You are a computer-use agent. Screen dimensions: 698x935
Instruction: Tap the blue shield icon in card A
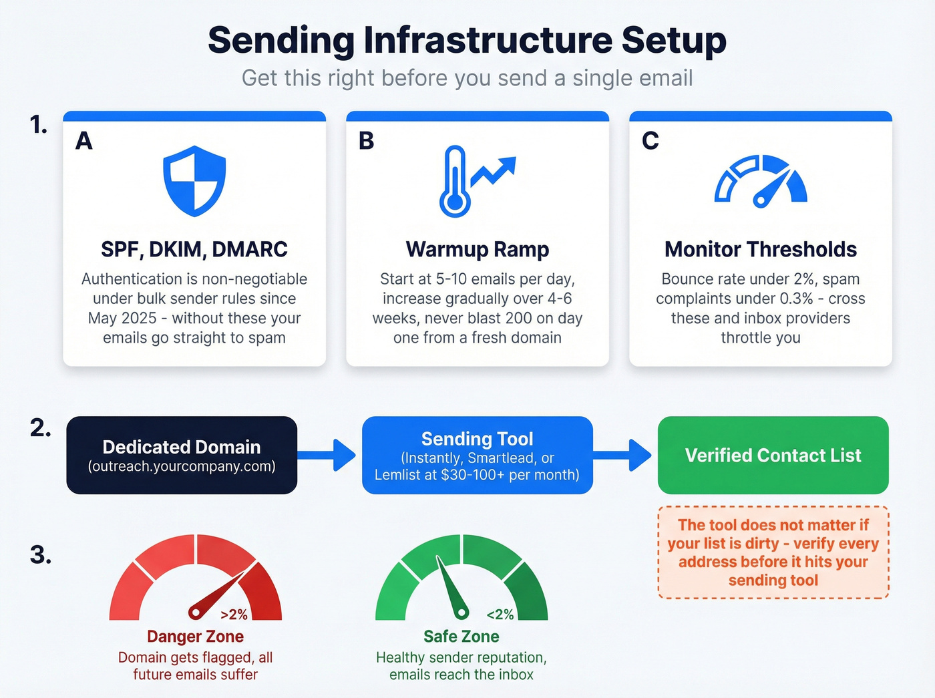(x=194, y=181)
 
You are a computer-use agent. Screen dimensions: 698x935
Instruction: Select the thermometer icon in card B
(x=455, y=182)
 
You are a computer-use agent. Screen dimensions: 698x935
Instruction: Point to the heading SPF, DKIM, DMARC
(x=194, y=249)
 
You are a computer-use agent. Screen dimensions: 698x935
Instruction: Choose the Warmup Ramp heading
(x=477, y=249)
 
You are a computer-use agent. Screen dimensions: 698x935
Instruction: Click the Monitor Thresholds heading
(x=761, y=249)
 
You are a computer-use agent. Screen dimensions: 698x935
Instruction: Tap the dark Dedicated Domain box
(x=182, y=456)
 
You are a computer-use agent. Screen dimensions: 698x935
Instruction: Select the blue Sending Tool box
(x=477, y=456)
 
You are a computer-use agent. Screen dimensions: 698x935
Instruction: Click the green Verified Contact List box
(x=773, y=456)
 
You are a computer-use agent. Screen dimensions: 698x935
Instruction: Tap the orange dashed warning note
(x=773, y=552)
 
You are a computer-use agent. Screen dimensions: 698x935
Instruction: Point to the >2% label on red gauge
(x=234, y=615)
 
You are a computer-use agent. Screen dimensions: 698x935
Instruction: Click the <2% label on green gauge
(x=500, y=615)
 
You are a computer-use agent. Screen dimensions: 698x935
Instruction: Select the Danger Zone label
(x=195, y=637)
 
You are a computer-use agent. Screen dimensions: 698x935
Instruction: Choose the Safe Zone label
(x=461, y=637)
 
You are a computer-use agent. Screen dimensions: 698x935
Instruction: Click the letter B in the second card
(x=367, y=141)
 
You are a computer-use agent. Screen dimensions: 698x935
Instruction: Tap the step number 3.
(x=41, y=555)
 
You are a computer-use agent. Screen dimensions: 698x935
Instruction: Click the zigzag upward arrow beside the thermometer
(x=494, y=171)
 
